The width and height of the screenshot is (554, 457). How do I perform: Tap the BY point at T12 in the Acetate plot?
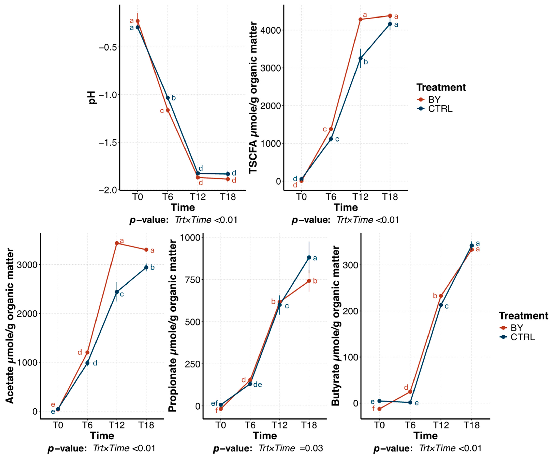tap(117, 243)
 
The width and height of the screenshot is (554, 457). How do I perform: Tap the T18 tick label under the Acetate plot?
tap(146, 425)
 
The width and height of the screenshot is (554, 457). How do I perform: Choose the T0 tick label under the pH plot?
tap(137, 197)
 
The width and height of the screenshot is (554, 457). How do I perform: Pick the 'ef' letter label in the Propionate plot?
tap(214, 403)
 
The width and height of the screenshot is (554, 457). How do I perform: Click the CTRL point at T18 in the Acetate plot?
tap(146, 267)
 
